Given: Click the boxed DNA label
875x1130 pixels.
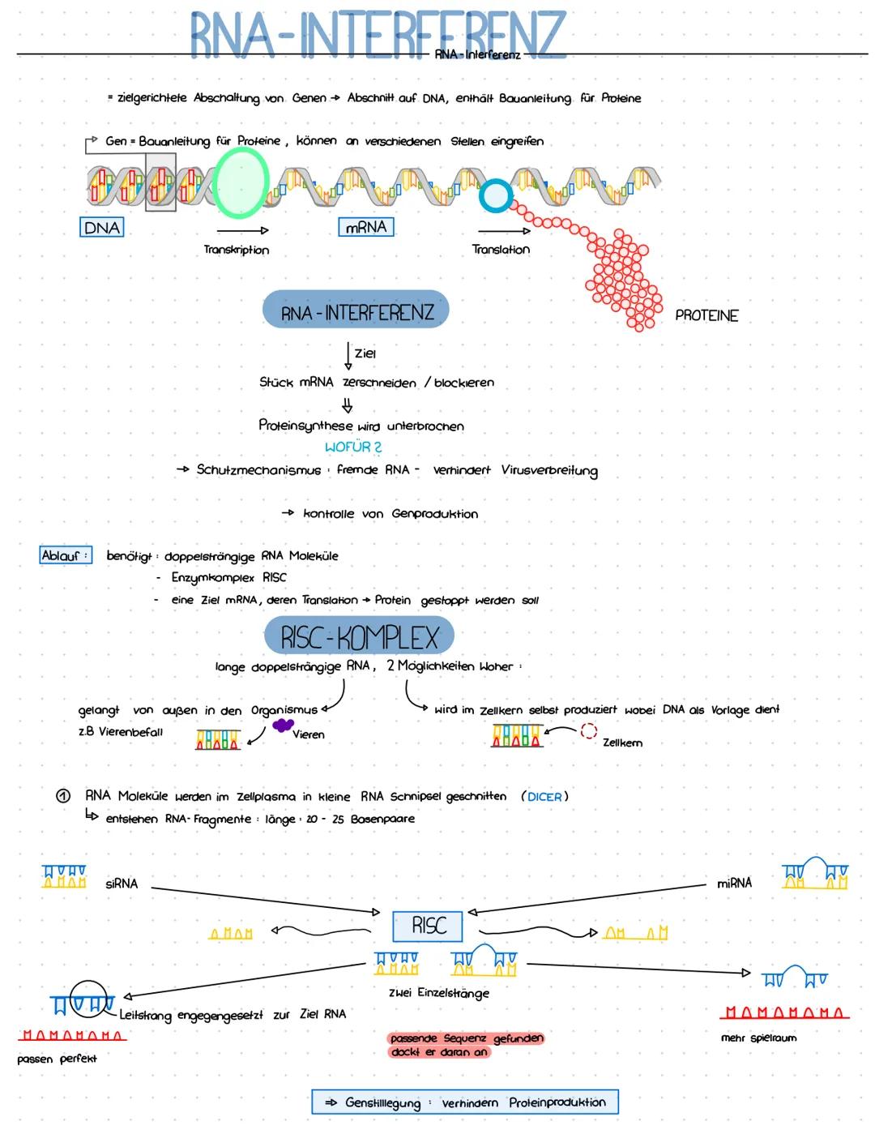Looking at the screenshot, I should point(102,228).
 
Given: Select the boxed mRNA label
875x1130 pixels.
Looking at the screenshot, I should point(366,227).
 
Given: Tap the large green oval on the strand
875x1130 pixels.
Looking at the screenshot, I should point(241,182).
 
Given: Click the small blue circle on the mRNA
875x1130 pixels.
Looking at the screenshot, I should point(495,196).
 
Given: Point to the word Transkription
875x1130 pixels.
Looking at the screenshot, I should point(237,250).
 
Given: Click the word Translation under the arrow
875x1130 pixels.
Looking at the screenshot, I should point(501,250).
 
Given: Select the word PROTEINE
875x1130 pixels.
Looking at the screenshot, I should point(706,315).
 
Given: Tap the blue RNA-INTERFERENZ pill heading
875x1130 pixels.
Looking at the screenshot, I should point(356,311).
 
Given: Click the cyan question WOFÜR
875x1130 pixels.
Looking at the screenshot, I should point(353,447).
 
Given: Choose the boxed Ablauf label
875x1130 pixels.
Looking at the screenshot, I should point(65,555).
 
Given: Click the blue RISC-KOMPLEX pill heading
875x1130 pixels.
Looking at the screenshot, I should point(359,637).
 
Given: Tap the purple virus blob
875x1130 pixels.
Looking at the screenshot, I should point(283,725).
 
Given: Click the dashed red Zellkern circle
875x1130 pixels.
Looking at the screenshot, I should point(588,731).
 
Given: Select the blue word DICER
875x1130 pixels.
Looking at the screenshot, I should point(544,797).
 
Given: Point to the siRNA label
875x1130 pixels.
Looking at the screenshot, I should point(122,884).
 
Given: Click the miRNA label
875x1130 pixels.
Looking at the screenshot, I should point(734,883).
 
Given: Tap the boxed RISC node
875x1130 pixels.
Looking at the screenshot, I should point(428,926).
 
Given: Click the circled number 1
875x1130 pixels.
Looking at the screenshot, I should point(63,796).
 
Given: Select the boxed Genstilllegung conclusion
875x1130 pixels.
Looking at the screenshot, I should point(465,1102).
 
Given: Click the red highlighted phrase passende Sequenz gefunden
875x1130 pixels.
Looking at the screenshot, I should point(466,1038).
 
